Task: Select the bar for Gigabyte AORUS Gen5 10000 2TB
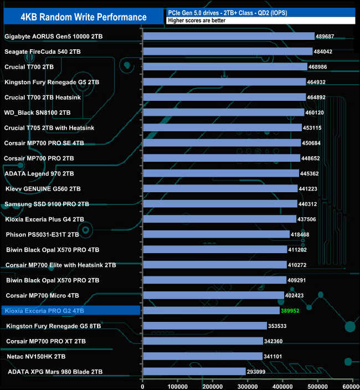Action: [x=228, y=36]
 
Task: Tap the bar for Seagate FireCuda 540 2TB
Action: [x=227, y=52]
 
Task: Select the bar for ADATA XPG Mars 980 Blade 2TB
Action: [x=194, y=371]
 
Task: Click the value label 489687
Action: [x=325, y=36]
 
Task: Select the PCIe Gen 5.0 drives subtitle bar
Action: [x=259, y=12]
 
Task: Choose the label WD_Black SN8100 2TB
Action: [x=38, y=112]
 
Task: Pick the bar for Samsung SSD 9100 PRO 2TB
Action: [x=220, y=204]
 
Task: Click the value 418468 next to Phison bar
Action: [x=300, y=234]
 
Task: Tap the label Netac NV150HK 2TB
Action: [x=37, y=356]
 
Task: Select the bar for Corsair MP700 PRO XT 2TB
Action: [x=203, y=341]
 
